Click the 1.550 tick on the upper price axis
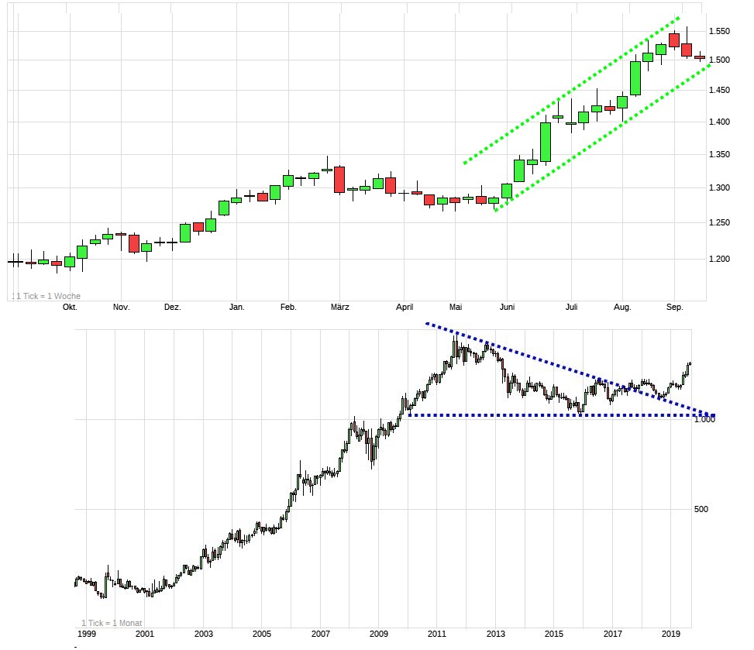pos(725,32)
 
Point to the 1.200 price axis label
pos(725,259)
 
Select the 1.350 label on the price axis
pos(725,155)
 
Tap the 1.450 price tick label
pos(725,91)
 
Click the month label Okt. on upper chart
pos(70,308)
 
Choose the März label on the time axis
pos(339,308)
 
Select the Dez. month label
pos(172,308)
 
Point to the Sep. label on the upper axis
pos(675,308)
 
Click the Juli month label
pos(572,308)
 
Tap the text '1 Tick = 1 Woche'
pos(48,296)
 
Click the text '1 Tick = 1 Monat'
pos(112,624)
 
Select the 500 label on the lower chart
pos(701,509)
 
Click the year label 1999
pos(86,634)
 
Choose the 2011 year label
pos(437,634)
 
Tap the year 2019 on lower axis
pos(671,634)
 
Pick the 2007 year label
pos(320,634)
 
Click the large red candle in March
pos(339,179)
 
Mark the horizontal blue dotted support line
pos(542,416)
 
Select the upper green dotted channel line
pos(573,90)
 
